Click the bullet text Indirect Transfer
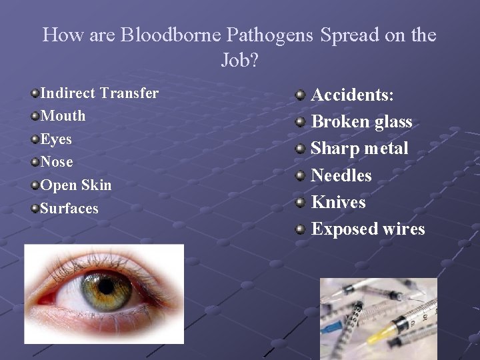pos(99,93)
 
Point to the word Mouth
pos(63,116)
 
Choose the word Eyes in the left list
pos(56,139)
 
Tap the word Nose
pos(57,162)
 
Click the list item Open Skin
pos(76,185)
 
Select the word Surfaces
pos(69,208)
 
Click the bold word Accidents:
pos(353,95)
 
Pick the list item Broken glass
pos(362,121)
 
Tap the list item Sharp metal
pos(359,148)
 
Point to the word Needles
pos(341,175)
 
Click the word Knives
pos(339,202)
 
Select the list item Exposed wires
pos(368,229)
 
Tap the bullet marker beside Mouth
pos(35,116)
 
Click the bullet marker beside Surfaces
pos(35,208)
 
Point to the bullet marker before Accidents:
pos(301,95)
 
